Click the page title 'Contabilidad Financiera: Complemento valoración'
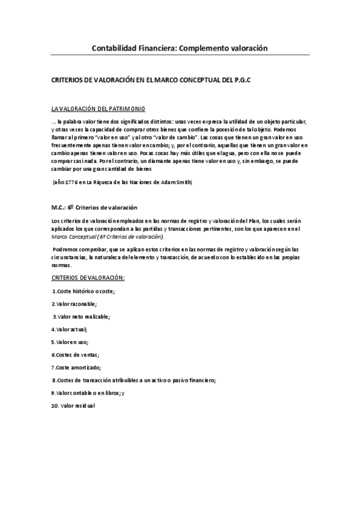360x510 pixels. tap(179, 47)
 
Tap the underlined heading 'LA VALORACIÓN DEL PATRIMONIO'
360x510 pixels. tap(98, 109)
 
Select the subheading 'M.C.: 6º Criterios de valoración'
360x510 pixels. tap(94, 207)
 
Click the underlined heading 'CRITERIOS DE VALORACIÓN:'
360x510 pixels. tap(88, 278)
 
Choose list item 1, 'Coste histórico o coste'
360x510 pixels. tap(84, 291)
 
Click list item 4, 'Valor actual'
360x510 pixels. tap(70, 329)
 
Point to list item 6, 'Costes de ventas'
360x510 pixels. tap(75, 354)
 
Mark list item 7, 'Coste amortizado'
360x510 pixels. tap(76, 367)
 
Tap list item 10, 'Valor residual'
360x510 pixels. tap(73, 406)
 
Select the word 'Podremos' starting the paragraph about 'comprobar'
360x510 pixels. tap(67, 248)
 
